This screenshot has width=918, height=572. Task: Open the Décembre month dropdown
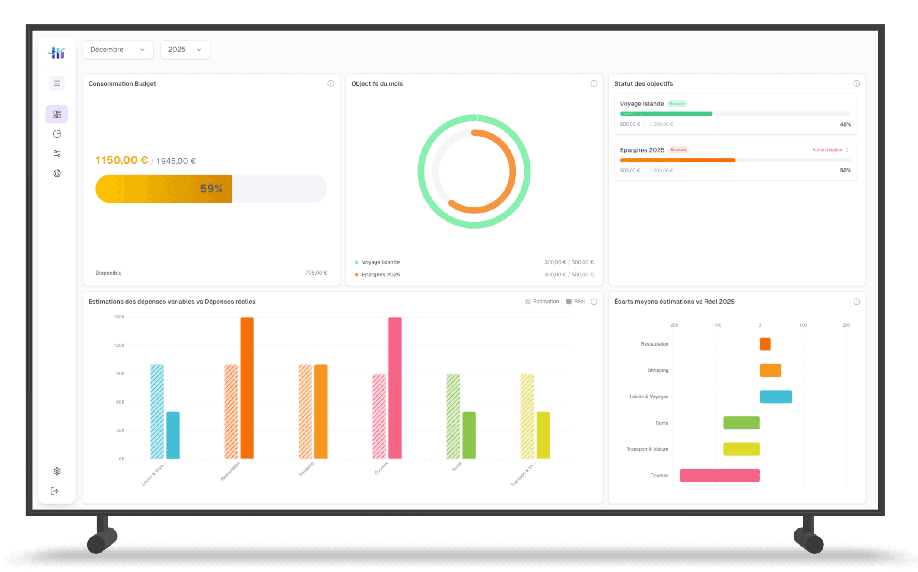coord(118,50)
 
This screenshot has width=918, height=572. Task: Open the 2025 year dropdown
coord(185,50)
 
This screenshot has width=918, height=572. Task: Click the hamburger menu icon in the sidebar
coord(57,83)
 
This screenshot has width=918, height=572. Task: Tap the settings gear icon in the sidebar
coord(57,471)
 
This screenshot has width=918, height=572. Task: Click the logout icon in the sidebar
coord(54,491)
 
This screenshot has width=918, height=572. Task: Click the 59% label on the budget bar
coord(211,189)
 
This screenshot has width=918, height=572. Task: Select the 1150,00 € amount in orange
coord(121,160)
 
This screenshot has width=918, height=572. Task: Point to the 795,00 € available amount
coord(316,273)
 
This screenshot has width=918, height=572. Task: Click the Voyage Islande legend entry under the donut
coord(380,262)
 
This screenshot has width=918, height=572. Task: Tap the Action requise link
coord(827,150)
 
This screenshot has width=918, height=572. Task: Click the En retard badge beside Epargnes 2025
coord(678,150)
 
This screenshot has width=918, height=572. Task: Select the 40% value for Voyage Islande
coord(845,124)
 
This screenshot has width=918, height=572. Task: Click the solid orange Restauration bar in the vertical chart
coord(247,388)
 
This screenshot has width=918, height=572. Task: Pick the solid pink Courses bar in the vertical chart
coord(395,388)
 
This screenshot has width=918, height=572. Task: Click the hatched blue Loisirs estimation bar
coord(157,411)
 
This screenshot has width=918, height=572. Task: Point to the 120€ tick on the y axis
coord(119,346)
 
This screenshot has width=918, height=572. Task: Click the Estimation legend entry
coord(542,302)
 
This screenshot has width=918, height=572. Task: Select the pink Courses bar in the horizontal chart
coord(720,475)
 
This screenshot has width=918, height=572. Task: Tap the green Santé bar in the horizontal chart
coord(741,423)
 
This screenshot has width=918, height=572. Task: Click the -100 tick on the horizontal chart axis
coord(716,325)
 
